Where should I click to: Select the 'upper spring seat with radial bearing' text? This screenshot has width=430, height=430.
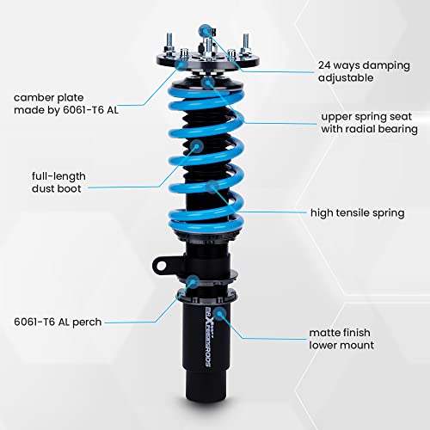(x=369, y=122)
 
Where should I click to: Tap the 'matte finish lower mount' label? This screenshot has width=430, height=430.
(x=341, y=337)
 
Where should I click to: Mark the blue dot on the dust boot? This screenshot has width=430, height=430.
(x=197, y=148)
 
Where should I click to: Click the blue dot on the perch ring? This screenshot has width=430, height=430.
(x=196, y=281)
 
